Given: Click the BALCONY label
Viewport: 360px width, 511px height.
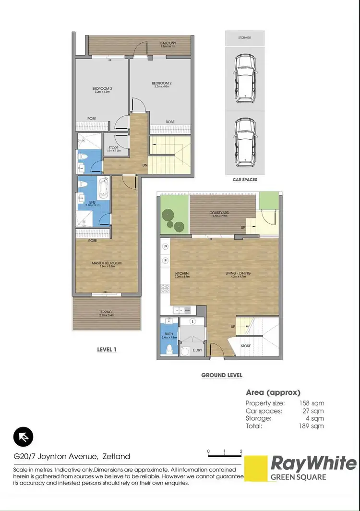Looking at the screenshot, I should (x=168, y=44).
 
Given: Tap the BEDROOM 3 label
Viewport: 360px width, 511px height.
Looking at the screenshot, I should (x=102, y=88).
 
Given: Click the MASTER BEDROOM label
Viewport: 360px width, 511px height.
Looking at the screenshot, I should (x=107, y=263).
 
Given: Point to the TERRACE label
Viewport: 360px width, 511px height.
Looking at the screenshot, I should (x=107, y=312).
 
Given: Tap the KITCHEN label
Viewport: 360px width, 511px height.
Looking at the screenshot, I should (x=182, y=273).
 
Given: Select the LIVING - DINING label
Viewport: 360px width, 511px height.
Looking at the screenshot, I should (x=238, y=273).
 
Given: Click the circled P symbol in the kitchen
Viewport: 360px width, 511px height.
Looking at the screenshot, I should (x=166, y=246).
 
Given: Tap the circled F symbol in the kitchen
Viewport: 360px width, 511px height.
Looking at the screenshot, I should (x=166, y=260).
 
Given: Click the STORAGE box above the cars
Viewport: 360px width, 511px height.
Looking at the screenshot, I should (x=244, y=37).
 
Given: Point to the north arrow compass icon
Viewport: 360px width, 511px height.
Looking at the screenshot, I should (x=23, y=437).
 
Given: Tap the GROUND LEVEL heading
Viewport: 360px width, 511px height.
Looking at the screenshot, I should (x=222, y=375).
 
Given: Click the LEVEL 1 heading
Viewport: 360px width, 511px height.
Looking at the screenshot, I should (x=107, y=349).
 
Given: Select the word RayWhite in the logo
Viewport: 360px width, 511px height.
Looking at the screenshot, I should (x=313, y=464).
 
